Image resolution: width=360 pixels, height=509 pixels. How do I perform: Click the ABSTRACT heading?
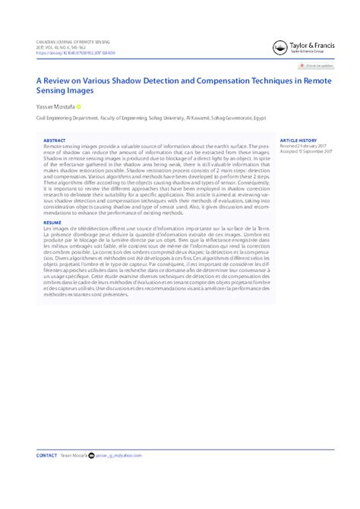point(54,141)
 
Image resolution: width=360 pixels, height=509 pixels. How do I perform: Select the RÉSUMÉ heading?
point(52,223)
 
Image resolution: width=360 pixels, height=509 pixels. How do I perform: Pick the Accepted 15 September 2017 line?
point(307,151)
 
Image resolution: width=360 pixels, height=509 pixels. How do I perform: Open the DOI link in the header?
point(71,52)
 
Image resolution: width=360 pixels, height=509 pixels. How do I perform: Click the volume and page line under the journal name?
point(58,46)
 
